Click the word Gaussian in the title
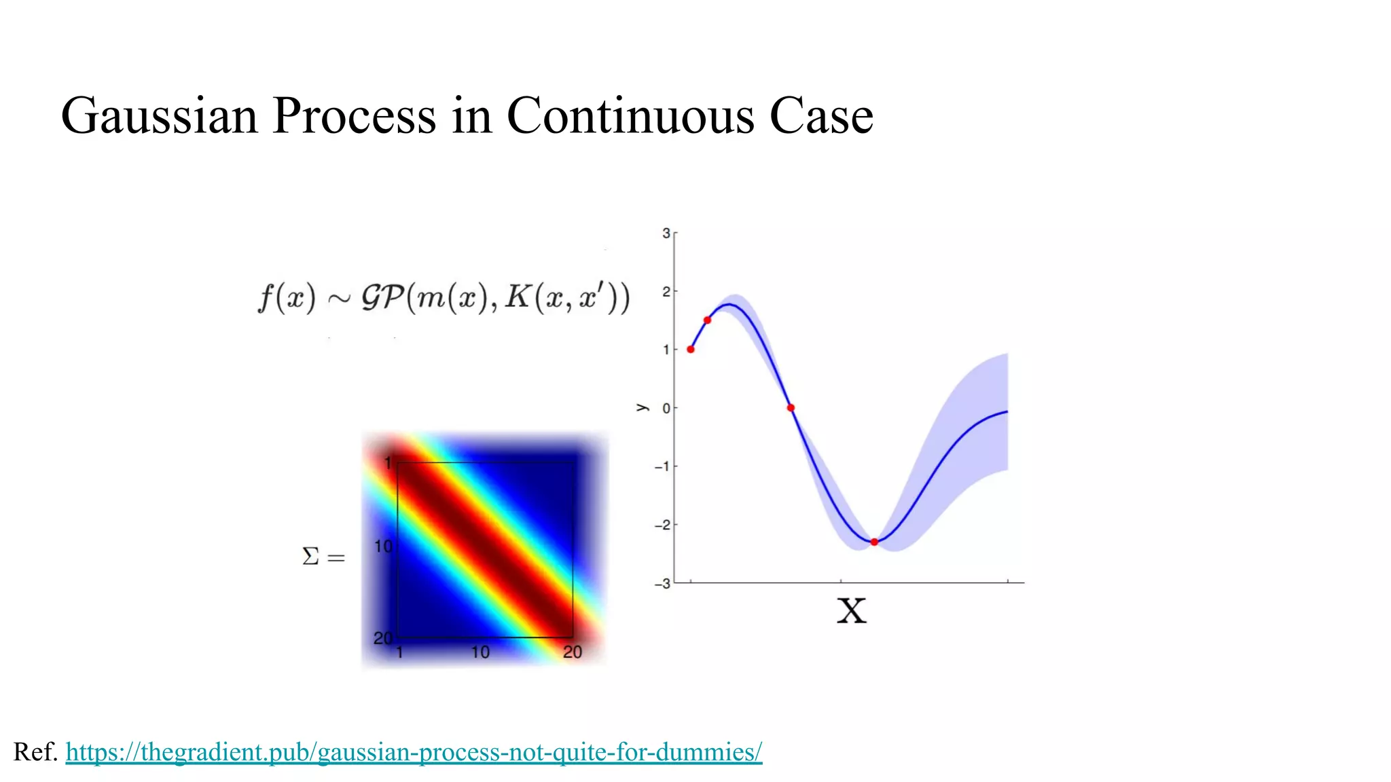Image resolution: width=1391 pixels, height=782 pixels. click(159, 116)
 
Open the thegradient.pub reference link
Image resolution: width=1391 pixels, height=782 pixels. click(414, 752)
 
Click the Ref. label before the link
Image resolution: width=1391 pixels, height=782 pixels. click(35, 752)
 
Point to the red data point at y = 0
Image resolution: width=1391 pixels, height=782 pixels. click(791, 408)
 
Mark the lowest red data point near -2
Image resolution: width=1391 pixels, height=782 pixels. click(874, 542)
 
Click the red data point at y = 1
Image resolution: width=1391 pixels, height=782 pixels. click(691, 350)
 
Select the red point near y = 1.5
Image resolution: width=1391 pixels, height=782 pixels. click(707, 320)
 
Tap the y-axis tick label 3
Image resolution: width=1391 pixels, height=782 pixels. click(666, 234)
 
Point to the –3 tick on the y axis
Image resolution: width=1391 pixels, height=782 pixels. click(662, 584)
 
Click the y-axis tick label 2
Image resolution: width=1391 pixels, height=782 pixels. click(666, 292)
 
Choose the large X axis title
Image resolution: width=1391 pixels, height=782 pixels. click(851, 611)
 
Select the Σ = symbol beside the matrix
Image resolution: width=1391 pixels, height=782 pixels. click(323, 557)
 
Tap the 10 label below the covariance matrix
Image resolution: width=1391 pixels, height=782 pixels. click(480, 652)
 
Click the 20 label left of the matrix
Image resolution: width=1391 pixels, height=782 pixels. click(383, 638)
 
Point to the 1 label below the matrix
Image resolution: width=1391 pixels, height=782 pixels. click(399, 653)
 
